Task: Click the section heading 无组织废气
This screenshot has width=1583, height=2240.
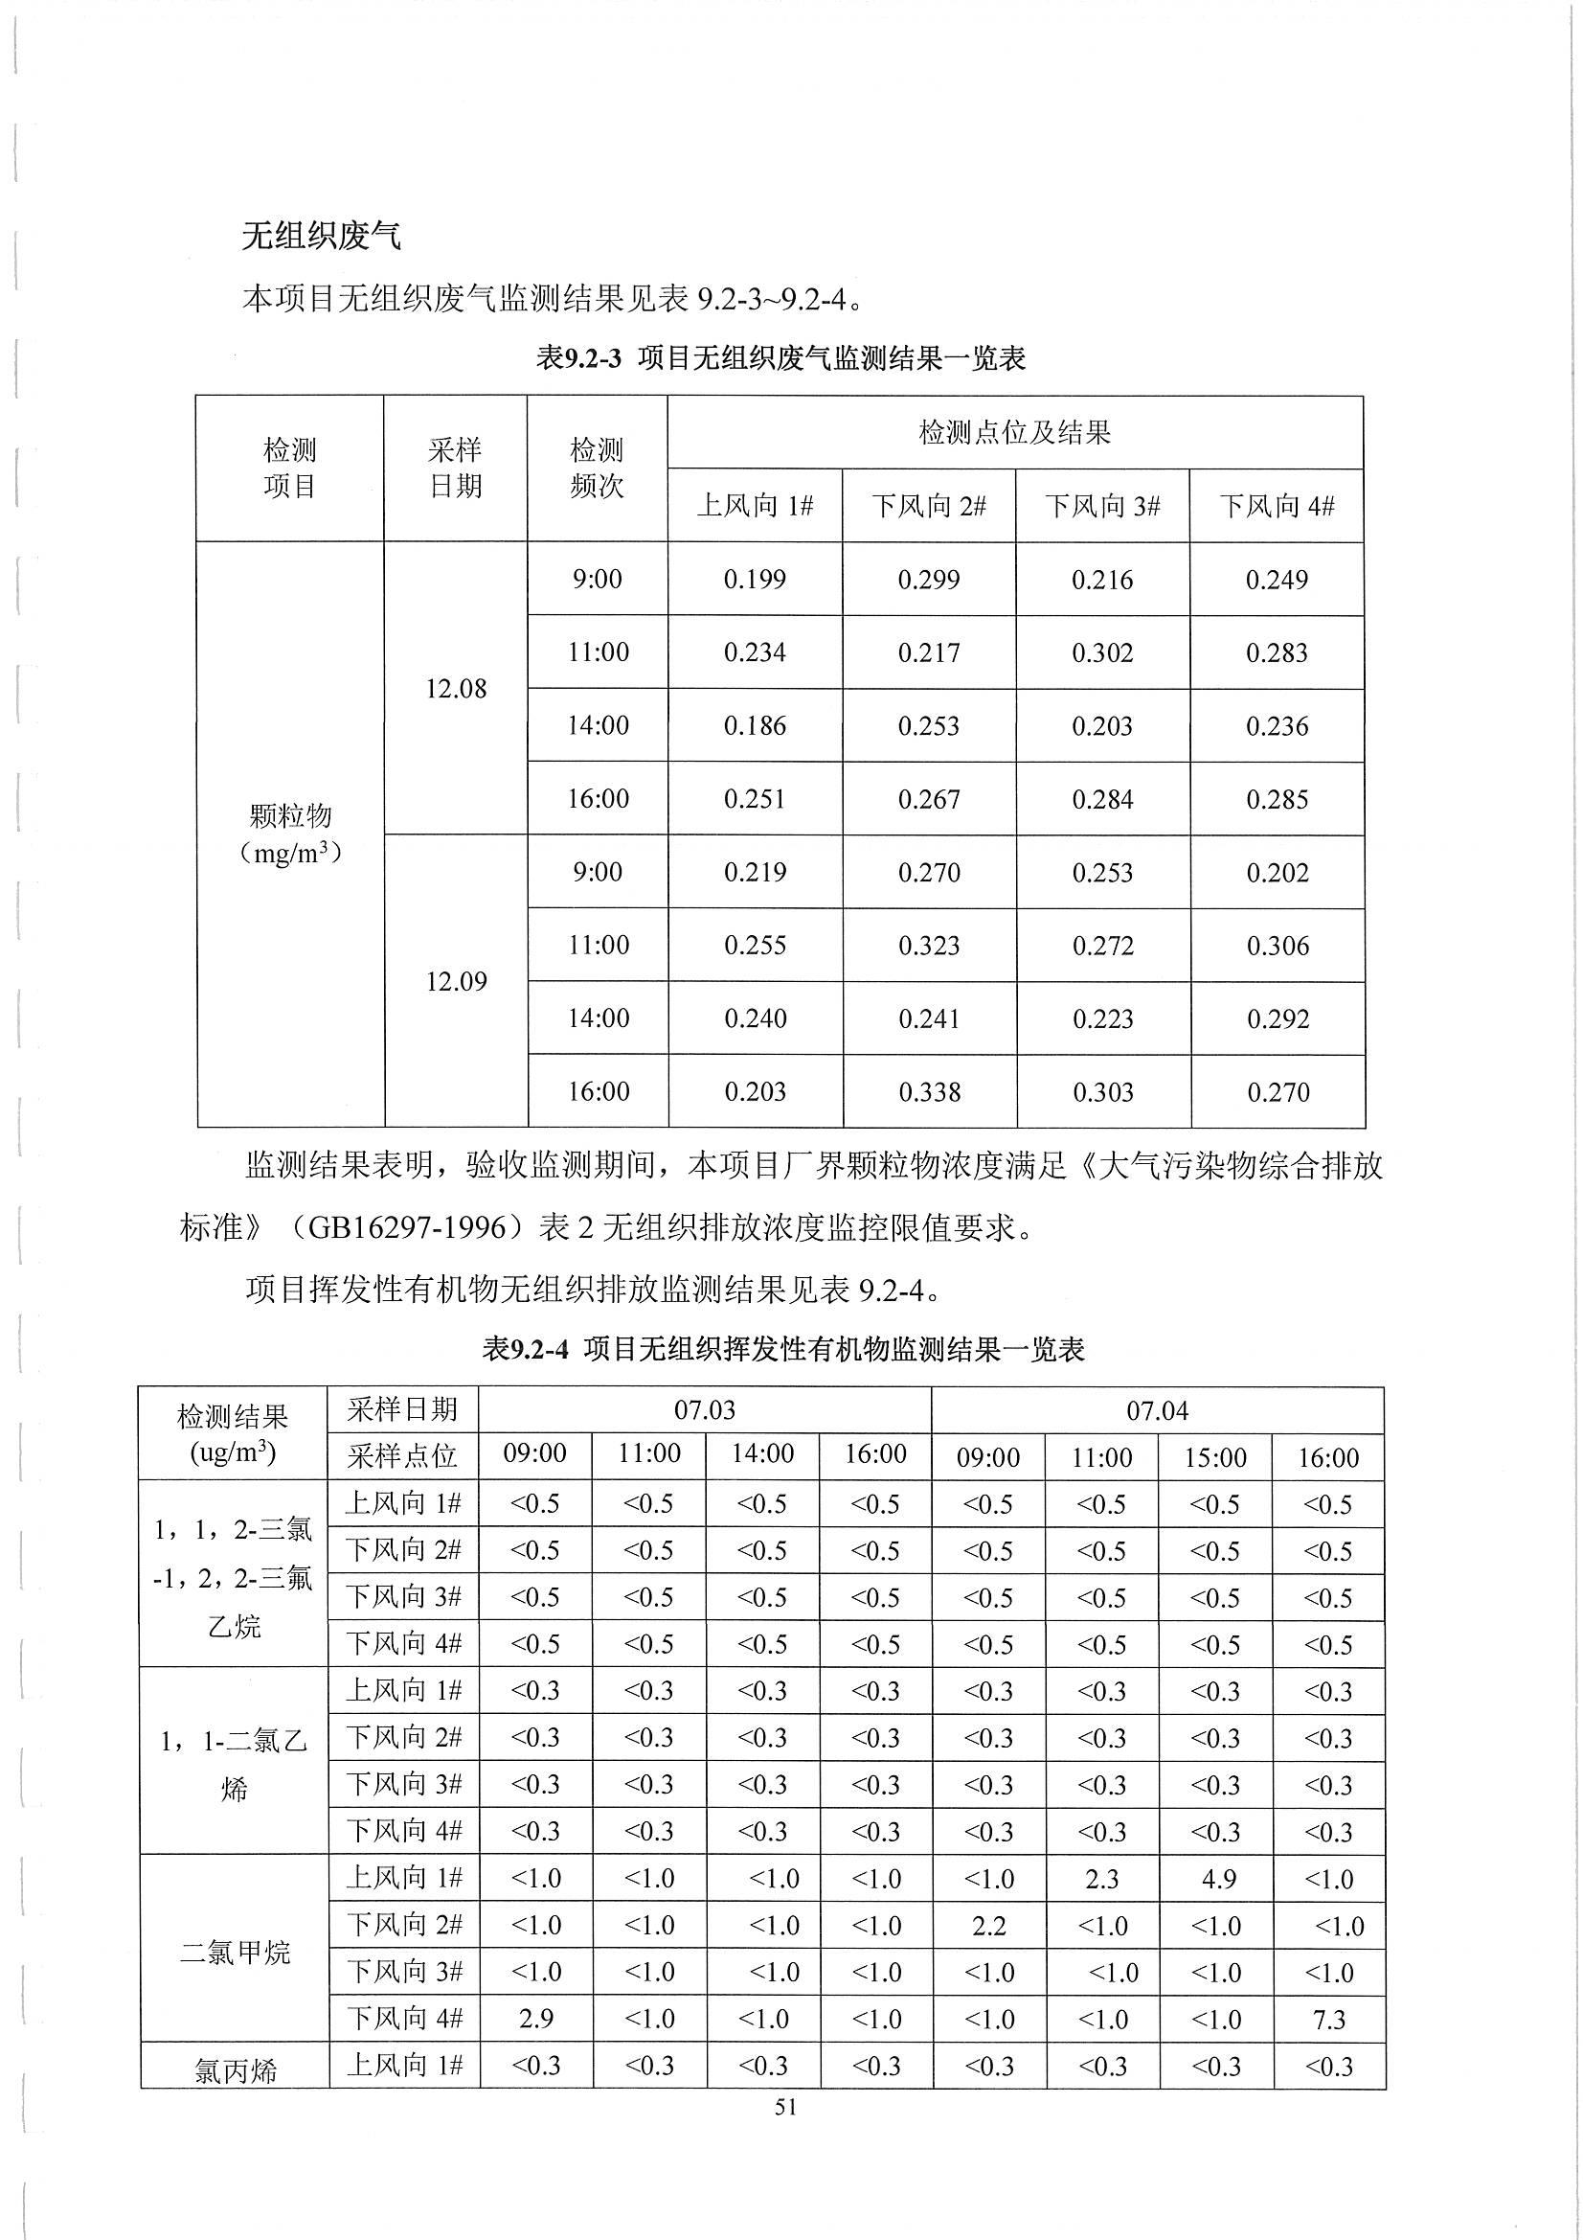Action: click(321, 235)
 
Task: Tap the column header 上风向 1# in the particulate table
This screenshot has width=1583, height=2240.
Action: click(755, 505)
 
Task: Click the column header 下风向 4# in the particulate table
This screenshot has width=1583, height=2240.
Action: click(1276, 505)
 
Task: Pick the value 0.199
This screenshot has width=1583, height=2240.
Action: click(755, 580)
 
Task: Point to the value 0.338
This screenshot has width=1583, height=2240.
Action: click(930, 1091)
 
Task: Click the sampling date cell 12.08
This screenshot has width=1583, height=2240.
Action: click(456, 689)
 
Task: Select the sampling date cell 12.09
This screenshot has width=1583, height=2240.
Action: click(456, 981)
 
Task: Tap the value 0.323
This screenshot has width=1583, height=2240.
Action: click(930, 946)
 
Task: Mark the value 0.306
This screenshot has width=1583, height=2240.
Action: click(1278, 946)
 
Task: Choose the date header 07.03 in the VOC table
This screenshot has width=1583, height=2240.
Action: click(704, 1410)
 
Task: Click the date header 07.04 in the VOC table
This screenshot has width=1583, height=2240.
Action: click(1157, 1410)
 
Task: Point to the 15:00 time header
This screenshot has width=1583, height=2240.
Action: click(1215, 1457)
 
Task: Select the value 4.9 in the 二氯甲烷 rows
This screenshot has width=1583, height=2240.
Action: click(1218, 1879)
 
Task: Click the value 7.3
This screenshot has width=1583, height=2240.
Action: click(1329, 2019)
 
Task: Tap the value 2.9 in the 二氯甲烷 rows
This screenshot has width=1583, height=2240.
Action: click(535, 2019)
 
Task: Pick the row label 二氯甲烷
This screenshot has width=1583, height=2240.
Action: click(235, 1950)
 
